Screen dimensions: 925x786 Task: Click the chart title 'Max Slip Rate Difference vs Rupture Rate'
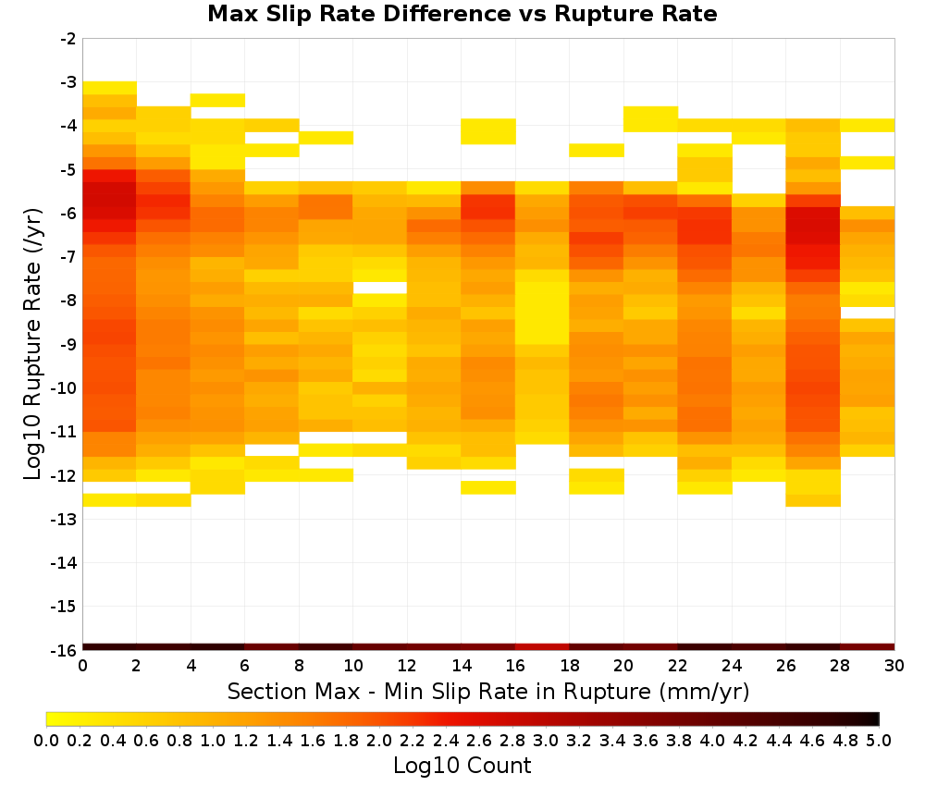(x=462, y=14)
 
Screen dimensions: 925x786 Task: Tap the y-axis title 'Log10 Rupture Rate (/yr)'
(x=33, y=344)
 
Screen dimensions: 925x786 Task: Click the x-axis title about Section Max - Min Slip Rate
(x=487, y=691)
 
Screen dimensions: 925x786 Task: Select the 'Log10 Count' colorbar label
(x=462, y=766)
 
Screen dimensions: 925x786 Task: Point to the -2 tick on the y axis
(x=68, y=39)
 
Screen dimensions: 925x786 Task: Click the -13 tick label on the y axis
(x=65, y=519)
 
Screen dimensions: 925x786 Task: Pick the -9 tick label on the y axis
(x=68, y=344)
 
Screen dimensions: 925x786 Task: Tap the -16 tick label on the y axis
(x=65, y=650)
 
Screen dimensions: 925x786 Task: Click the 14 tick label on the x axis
(x=462, y=666)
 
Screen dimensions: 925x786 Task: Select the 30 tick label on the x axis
(x=894, y=666)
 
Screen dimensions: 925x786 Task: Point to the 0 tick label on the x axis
(x=82, y=666)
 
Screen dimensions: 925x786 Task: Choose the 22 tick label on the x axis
(x=678, y=666)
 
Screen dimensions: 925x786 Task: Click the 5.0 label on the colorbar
(x=879, y=740)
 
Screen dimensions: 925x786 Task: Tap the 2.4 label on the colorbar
(x=446, y=740)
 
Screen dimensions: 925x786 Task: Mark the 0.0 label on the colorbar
(x=46, y=740)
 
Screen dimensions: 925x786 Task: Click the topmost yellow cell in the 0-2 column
(x=110, y=88)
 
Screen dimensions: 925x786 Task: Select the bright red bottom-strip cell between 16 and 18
(x=542, y=647)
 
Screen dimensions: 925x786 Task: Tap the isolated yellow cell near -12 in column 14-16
(x=488, y=487)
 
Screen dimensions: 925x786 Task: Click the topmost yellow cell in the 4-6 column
(x=217, y=100)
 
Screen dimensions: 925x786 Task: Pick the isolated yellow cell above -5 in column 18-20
(x=597, y=151)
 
